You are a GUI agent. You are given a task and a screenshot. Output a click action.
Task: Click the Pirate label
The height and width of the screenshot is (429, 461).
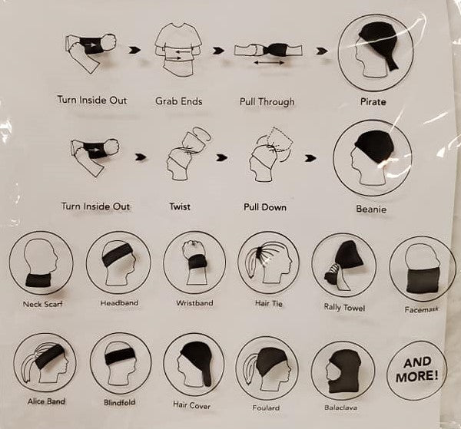pyautogui.click(x=373, y=102)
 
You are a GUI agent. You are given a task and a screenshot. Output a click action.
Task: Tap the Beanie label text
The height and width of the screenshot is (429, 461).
pyautogui.click(x=371, y=209)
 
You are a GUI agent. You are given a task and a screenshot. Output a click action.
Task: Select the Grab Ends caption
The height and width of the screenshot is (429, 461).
pyautogui.click(x=179, y=101)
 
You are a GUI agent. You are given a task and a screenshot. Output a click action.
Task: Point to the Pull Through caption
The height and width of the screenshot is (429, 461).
pyautogui.click(x=267, y=101)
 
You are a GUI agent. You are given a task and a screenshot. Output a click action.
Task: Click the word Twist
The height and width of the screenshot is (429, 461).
pyautogui.click(x=180, y=206)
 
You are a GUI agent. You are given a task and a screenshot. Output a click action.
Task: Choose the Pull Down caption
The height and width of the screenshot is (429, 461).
pyautogui.click(x=265, y=207)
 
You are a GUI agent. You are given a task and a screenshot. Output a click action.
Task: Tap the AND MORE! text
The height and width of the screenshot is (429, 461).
pyautogui.click(x=417, y=369)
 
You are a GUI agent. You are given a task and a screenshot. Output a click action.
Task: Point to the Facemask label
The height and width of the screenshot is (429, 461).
pyautogui.click(x=421, y=309)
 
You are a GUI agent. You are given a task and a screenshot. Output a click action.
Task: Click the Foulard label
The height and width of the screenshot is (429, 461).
pyautogui.click(x=266, y=408)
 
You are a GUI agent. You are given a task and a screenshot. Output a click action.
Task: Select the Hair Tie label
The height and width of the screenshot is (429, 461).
pyautogui.click(x=269, y=303)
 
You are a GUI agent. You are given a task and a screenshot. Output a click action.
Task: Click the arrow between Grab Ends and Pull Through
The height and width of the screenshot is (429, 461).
pyautogui.click(x=219, y=51)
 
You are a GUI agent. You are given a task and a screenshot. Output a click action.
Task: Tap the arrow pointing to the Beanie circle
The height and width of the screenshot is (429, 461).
pyautogui.click(x=310, y=159)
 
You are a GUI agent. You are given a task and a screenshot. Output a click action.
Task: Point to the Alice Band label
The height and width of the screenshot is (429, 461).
pyautogui.click(x=46, y=401)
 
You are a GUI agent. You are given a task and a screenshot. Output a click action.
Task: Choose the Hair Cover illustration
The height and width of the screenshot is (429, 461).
pyautogui.click(x=194, y=364)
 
